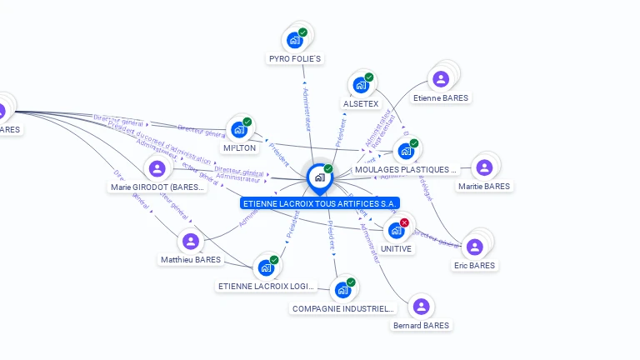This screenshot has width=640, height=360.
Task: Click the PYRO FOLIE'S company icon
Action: coord(294,39)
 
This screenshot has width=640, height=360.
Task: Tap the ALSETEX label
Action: coord(361,104)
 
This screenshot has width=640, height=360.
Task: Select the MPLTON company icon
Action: coord(239,129)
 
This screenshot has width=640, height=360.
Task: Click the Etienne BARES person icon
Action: coord(441,79)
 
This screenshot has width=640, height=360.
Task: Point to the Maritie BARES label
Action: coord(483,187)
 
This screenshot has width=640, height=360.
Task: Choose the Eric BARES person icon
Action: coord(474,247)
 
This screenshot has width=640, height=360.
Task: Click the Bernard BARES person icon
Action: coord(421,307)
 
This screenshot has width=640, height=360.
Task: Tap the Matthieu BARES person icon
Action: coord(191,242)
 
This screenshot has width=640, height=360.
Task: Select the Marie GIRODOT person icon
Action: coord(157,169)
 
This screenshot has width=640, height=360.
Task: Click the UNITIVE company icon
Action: coord(396,230)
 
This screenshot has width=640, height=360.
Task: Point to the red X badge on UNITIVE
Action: coord(404,222)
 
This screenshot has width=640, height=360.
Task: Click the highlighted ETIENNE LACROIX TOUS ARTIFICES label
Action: coord(320,203)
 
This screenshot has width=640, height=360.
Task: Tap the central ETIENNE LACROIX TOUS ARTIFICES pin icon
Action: coord(319,177)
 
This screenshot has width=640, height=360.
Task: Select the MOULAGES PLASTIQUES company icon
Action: coord(406,151)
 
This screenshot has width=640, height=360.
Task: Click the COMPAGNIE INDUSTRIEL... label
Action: coord(342,308)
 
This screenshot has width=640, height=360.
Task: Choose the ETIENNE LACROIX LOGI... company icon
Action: coord(266,268)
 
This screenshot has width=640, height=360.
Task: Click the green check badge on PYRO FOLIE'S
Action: coord(302,32)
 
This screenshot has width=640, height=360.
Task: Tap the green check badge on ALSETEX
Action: coord(369,77)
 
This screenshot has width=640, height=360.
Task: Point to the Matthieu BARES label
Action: coord(191,260)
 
